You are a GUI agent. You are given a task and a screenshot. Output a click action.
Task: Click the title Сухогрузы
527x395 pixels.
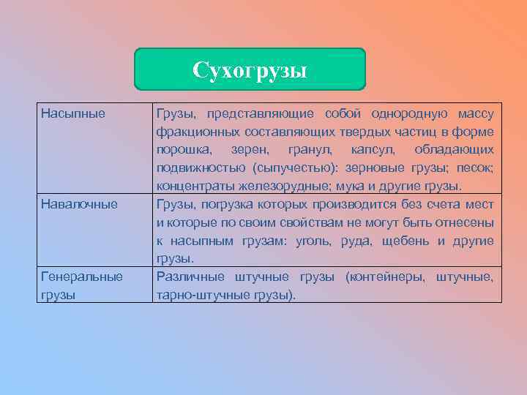(x=250, y=70)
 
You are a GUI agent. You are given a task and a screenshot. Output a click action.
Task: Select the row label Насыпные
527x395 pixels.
(x=73, y=113)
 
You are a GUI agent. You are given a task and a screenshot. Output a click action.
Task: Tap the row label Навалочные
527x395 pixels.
(x=79, y=203)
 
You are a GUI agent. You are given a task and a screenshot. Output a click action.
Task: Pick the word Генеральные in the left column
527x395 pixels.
(x=82, y=276)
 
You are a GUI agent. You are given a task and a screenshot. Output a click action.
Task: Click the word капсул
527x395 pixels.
(x=368, y=149)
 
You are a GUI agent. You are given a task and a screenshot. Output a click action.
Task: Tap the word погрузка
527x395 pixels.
(x=215, y=204)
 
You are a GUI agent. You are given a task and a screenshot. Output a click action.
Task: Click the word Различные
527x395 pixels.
(x=189, y=276)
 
